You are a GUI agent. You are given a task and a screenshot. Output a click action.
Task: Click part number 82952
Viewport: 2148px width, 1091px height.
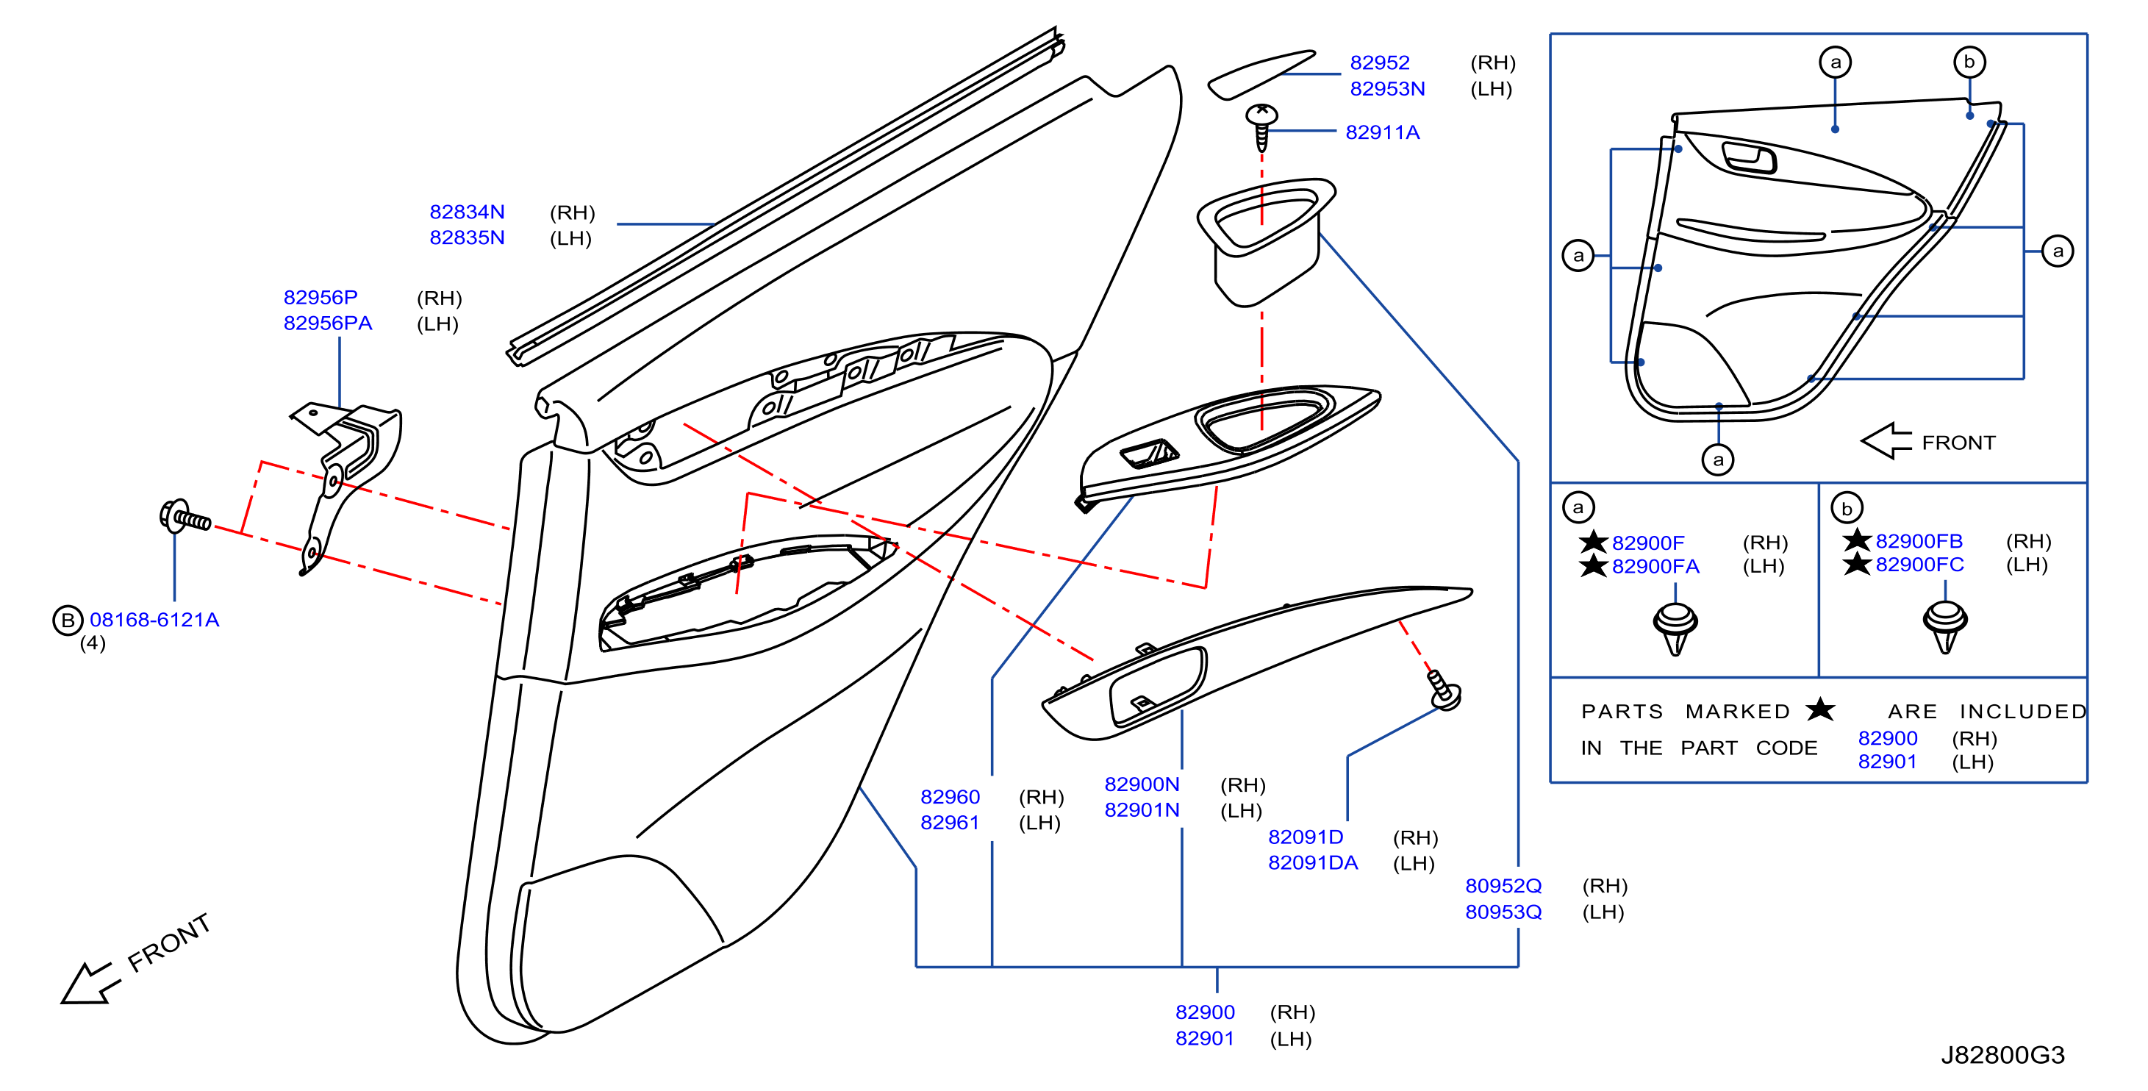[1379, 62]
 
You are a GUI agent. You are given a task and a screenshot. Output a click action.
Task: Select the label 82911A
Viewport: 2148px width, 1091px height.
[1382, 132]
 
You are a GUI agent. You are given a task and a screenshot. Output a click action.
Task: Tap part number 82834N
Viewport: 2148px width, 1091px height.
[467, 212]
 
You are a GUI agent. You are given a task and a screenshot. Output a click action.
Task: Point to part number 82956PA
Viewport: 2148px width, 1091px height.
[328, 323]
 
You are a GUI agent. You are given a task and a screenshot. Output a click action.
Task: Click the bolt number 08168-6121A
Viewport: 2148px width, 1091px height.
[154, 620]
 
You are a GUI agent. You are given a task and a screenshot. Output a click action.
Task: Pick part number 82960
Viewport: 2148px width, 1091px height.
[950, 797]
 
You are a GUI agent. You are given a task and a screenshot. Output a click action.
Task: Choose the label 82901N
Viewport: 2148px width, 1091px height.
[1142, 810]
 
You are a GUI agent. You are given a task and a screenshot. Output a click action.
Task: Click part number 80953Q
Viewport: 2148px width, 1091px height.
[1503, 912]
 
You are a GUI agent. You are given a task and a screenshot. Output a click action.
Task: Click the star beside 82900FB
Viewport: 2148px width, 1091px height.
[1856, 540]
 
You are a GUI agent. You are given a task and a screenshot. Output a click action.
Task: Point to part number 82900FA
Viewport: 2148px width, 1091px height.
[1655, 566]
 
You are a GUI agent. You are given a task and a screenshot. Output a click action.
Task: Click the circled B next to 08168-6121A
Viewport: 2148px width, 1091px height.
[68, 620]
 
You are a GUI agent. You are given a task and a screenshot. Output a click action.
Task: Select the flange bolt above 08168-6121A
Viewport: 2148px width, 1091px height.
[185, 517]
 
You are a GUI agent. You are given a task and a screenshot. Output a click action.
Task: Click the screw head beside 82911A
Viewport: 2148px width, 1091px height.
[1261, 114]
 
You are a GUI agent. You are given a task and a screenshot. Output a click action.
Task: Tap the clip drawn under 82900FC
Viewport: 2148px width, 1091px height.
[1944, 626]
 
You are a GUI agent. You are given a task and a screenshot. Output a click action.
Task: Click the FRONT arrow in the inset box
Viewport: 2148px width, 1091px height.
[1886, 441]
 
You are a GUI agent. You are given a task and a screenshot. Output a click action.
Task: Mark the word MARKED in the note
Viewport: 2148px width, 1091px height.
[1737, 712]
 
